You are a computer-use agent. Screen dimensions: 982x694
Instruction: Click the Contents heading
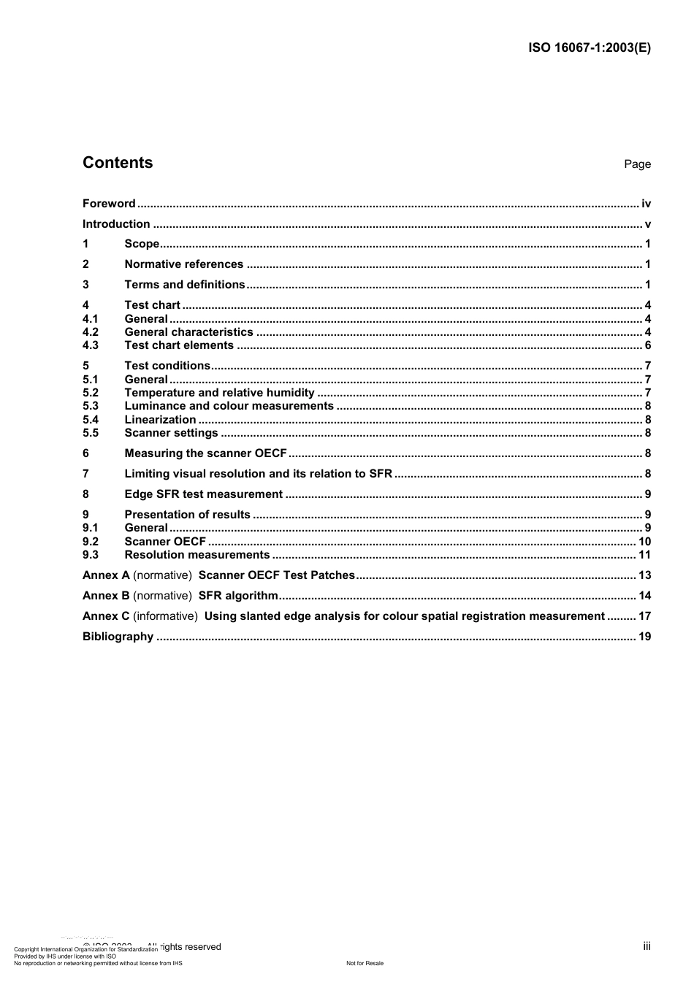(x=118, y=163)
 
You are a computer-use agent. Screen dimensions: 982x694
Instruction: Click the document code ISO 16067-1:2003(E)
(x=589, y=48)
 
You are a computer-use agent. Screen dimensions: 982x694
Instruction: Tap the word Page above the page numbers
(x=637, y=164)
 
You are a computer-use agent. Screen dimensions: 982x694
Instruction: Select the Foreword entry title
(x=109, y=204)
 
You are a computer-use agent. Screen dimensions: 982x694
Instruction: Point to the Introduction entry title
(x=116, y=224)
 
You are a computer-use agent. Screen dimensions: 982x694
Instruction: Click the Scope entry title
(x=142, y=244)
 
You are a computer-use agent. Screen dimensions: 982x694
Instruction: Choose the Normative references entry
(x=184, y=264)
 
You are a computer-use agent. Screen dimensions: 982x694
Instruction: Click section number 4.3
(x=91, y=345)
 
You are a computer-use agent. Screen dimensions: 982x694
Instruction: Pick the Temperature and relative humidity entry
(x=219, y=393)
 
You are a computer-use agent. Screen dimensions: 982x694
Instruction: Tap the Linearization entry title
(x=160, y=420)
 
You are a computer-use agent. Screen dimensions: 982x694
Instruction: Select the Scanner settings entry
(x=171, y=433)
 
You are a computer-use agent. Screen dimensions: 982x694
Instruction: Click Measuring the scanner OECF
(x=205, y=453)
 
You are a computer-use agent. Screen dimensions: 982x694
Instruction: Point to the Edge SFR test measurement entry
(x=203, y=494)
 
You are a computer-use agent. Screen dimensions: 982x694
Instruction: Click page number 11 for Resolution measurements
(x=644, y=555)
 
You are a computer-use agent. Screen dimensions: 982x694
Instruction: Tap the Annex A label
(x=106, y=575)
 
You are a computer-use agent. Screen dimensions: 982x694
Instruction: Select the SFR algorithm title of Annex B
(x=238, y=596)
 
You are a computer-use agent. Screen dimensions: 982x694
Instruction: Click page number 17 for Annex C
(x=644, y=616)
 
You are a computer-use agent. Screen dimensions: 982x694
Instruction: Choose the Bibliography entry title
(x=118, y=637)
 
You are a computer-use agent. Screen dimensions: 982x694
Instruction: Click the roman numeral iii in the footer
(x=647, y=946)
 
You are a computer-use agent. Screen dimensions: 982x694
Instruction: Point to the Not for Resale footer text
(x=365, y=963)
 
